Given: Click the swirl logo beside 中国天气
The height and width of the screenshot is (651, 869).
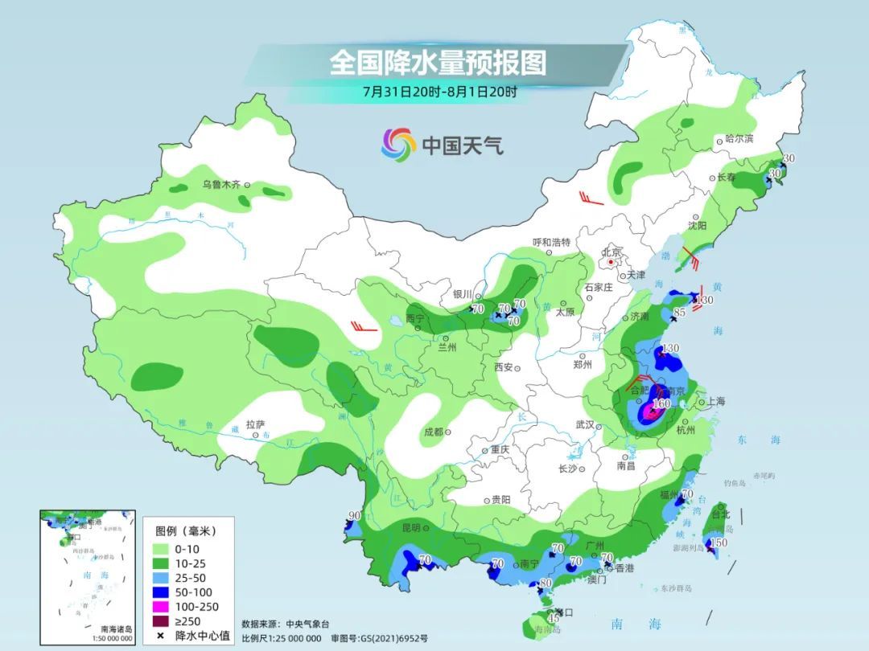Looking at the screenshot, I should point(398,145).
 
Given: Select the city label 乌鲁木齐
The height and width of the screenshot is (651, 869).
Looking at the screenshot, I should point(221,184).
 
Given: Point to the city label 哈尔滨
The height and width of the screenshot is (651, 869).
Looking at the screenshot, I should point(739,138).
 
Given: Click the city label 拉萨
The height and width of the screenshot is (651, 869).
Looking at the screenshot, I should point(255,424).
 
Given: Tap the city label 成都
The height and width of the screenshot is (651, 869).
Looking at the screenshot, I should point(433,432).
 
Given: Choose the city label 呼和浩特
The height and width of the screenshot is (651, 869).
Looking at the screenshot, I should point(551,242).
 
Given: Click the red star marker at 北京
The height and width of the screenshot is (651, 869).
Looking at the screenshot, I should point(612,262).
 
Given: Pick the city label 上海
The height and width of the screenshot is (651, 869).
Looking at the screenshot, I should point(716,401).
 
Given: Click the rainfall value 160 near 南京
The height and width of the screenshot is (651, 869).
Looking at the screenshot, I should point(662,403).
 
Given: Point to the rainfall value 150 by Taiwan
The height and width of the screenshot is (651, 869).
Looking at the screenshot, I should point(720,543).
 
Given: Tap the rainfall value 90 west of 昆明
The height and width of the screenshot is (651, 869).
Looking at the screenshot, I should point(354,516).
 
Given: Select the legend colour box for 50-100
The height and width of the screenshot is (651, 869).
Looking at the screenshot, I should point(166,592).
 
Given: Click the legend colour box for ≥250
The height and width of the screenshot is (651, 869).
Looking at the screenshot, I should point(166,620).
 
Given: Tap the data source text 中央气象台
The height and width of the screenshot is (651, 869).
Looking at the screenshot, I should point(307,624).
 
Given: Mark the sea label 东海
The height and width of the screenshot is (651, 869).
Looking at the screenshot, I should point(758,440).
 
